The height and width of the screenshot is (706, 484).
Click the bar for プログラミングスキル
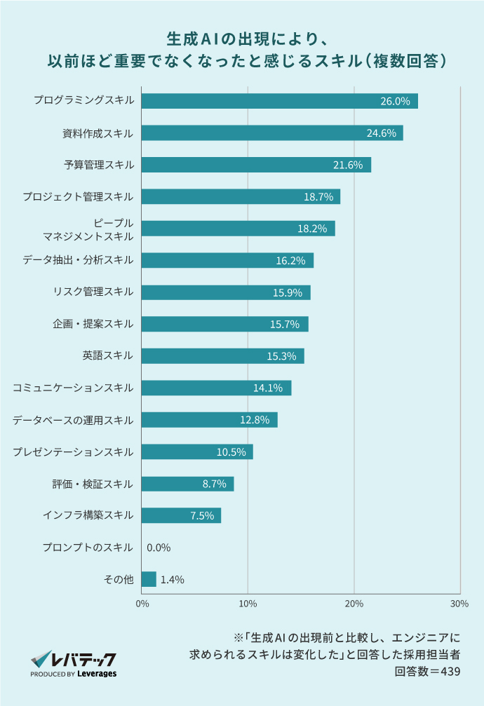[x=279, y=101]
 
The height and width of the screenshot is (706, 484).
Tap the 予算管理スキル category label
[x=98, y=165]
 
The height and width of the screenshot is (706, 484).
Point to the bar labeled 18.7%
[x=241, y=197]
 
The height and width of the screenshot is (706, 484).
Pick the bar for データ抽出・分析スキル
[x=227, y=261]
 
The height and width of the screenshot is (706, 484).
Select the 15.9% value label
[x=288, y=292]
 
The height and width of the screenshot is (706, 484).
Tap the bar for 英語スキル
[x=222, y=356]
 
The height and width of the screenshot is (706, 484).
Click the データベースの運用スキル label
[x=73, y=420]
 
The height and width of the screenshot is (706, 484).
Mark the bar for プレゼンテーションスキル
[x=197, y=452]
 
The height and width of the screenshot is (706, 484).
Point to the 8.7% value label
[x=214, y=484]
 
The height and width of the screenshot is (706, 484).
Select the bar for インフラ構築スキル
[x=181, y=516]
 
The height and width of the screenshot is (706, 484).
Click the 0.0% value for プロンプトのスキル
[x=159, y=548]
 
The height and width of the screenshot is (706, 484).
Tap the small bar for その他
[x=149, y=579]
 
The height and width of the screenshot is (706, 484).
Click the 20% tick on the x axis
[x=354, y=603]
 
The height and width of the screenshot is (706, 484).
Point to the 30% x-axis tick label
[x=459, y=603]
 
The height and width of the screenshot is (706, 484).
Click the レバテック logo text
[x=83, y=660]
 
